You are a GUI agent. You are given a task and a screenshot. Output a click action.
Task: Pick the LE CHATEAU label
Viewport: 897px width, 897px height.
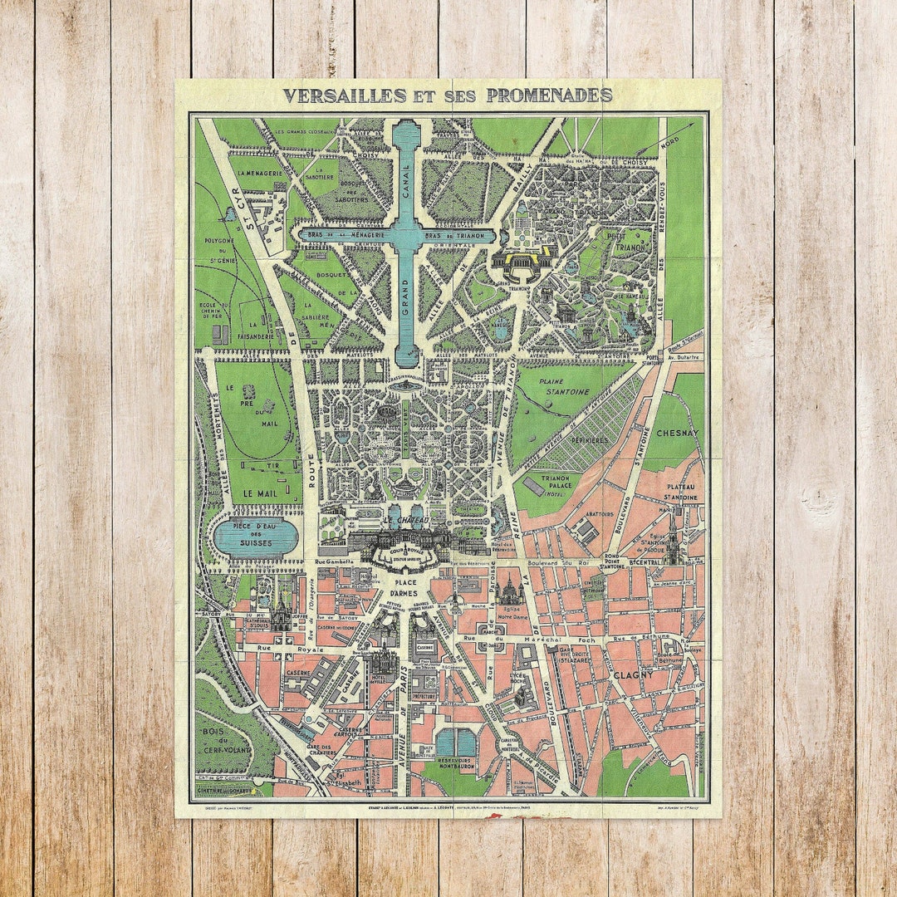point(404,520)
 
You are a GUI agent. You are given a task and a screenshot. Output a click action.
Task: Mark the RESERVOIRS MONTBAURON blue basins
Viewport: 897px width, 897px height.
point(456,742)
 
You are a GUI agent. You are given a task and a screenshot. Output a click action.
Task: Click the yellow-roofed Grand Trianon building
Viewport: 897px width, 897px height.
point(521,259)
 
